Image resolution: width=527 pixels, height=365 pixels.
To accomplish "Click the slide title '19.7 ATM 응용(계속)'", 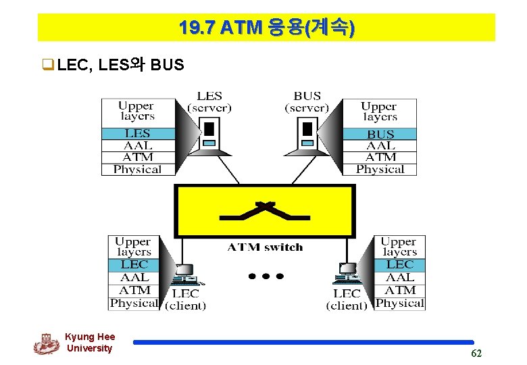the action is pyautogui.click(x=266, y=28).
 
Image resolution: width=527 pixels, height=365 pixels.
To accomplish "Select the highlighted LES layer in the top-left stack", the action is pyautogui.click(x=137, y=133).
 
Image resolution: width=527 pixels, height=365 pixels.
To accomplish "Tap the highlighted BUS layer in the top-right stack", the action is pyautogui.click(x=380, y=134).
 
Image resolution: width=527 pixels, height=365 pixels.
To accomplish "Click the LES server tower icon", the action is pyautogui.click(x=209, y=133).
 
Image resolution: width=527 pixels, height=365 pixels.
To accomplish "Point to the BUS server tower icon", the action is pyautogui.click(x=307, y=133).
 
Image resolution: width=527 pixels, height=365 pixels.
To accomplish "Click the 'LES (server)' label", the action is pyautogui.click(x=209, y=102).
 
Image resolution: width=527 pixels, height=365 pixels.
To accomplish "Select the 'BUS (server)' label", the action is pyautogui.click(x=307, y=102).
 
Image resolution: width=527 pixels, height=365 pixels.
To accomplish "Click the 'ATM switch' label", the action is pyautogui.click(x=265, y=247).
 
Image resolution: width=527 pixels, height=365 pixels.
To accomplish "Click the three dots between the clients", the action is pyautogui.click(x=266, y=276).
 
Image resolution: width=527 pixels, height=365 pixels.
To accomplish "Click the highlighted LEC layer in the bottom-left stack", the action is pyautogui.click(x=134, y=264).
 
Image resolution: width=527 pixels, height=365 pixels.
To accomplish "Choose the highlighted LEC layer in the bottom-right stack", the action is pyautogui.click(x=399, y=264).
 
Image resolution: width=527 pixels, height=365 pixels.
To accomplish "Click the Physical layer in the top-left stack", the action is pyautogui.click(x=137, y=170).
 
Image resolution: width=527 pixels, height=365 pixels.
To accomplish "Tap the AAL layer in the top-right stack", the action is pyautogui.click(x=380, y=145).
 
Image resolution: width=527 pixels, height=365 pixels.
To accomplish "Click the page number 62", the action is pyautogui.click(x=476, y=354).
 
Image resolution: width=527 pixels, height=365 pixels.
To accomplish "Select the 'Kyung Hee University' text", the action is pyautogui.click(x=90, y=343).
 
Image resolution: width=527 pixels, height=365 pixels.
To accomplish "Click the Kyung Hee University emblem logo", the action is pyautogui.click(x=46, y=344).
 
